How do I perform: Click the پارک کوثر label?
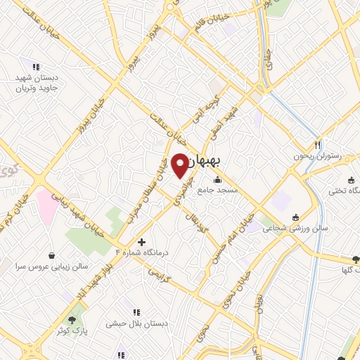[72, 331]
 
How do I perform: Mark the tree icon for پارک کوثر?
[72, 320]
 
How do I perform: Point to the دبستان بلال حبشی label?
[135, 324]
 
